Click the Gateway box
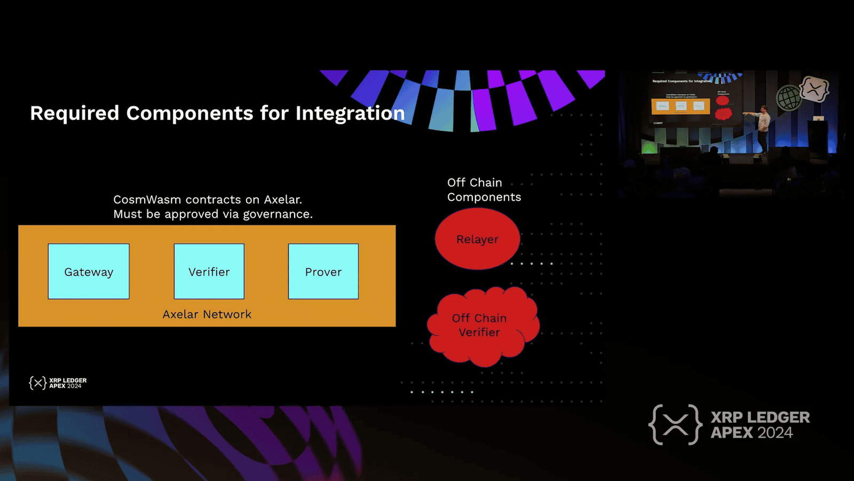tap(89, 271)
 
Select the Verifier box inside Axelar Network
tap(209, 271)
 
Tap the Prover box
tap(323, 271)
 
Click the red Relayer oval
tap(477, 239)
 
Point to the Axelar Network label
tap(207, 314)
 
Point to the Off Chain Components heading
tap(483, 190)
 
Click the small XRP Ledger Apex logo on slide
tap(58, 383)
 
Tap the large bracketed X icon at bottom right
tap(675, 425)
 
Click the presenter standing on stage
tap(764, 127)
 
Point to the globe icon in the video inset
tap(788, 98)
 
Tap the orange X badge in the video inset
tap(815, 89)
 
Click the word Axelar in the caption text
tap(282, 199)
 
